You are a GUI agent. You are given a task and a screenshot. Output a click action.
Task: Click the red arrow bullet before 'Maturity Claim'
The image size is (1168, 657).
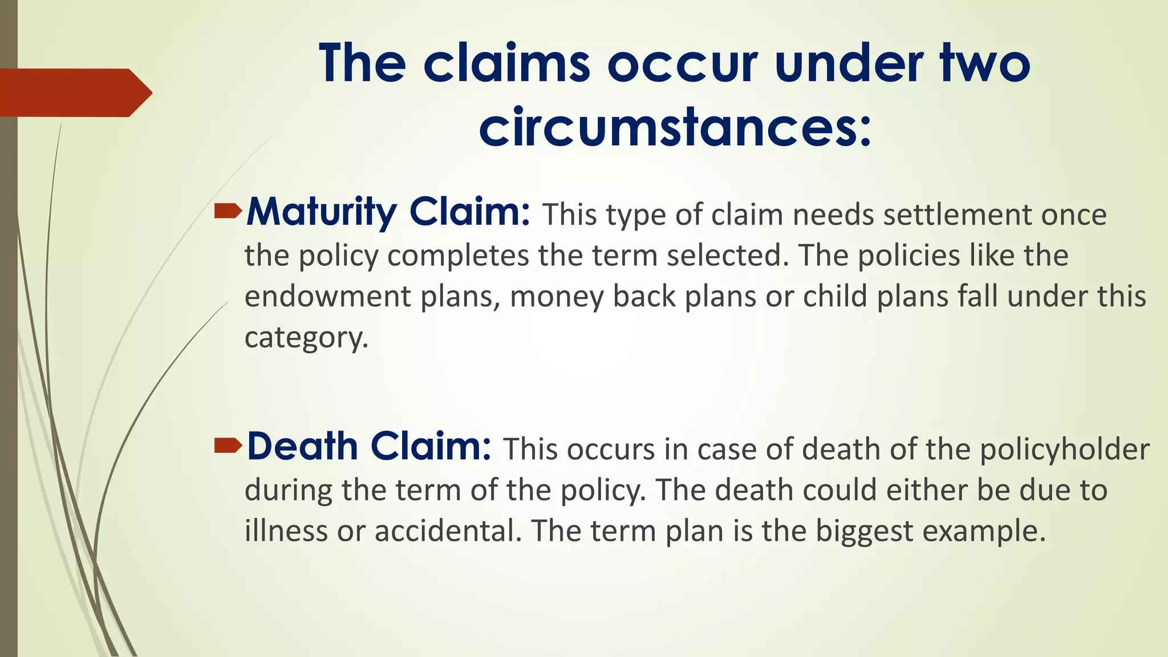coord(228,212)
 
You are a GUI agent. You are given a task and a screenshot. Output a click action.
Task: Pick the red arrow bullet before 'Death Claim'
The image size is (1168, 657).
coord(228,446)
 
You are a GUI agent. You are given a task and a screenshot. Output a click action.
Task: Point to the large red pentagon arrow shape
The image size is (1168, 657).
coord(74,92)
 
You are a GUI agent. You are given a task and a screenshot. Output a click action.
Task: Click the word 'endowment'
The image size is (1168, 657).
coord(328,297)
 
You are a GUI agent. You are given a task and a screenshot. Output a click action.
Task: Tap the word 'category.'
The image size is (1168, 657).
coord(306,338)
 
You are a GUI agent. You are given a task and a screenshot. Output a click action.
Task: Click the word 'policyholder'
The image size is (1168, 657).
coord(1064,449)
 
